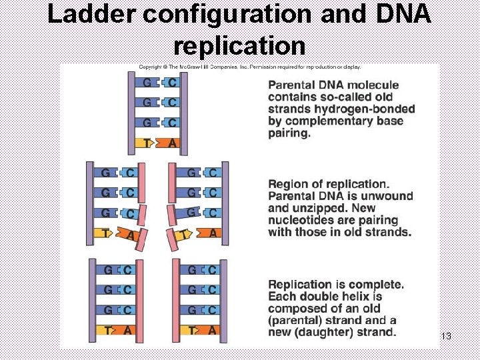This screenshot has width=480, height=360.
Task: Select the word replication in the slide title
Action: click(x=239, y=45)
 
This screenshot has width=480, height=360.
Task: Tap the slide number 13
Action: click(x=446, y=336)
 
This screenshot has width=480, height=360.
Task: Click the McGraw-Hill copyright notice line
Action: click(x=249, y=67)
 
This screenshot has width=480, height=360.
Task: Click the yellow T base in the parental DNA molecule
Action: click(x=147, y=142)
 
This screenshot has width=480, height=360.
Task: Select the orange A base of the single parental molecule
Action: click(x=171, y=142)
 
